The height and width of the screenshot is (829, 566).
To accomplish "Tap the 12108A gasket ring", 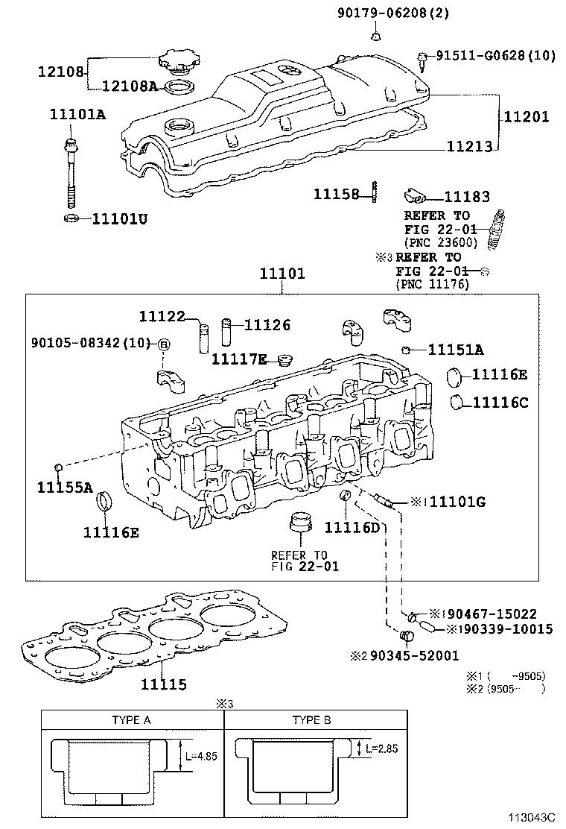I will pyautogui.click(x=177, y=87).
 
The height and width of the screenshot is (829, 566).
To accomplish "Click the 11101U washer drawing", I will pyautogui.click(x=71, y=218).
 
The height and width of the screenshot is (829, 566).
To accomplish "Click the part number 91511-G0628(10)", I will pyautogui.click(x=495, y=55).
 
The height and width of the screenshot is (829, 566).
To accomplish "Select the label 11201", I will pyautogui.click(x=526, y=116).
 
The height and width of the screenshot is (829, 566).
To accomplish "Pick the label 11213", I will pyautogui.click(x=469, y=147).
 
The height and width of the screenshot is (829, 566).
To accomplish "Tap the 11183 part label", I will pyautogui.click(x=467, y=197).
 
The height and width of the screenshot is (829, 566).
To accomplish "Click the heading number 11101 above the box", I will pyautogui.click(x=282, y=274).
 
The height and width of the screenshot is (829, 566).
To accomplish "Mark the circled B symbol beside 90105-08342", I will pyautogui.click(x=165, y=344).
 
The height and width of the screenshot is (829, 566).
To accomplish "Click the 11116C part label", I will pyautogui.click(x=500, y=403).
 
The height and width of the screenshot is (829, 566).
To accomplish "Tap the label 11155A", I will pyautogui.click(x=65, y=488).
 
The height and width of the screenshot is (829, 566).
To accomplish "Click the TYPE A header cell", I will pyautogui.click(x=132, y=720).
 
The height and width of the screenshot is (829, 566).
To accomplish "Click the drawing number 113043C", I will pyautogui.click(x=533, y=818).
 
